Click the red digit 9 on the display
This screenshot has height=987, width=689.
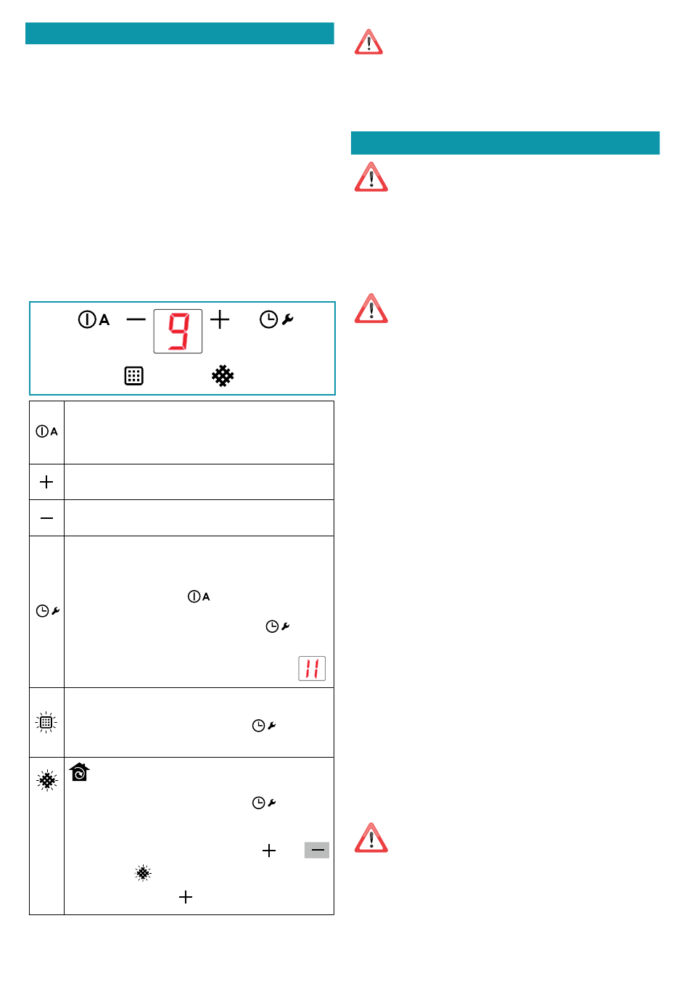[x=178, y=332]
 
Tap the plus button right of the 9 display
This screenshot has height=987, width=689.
[x=220, y=319]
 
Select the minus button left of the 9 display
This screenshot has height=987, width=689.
[x=136, y=319]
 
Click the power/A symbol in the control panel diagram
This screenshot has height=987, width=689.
[x=94, y=319]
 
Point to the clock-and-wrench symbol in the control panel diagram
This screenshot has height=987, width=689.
[x=276, y=319]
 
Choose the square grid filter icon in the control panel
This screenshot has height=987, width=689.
[x=134, y=376]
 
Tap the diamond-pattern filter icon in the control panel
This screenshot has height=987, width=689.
[x=223, y=376]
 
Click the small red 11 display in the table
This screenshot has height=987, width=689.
[x=312, y=668]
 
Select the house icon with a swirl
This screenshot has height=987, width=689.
[x=80, y=772]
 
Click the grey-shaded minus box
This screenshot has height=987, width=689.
[x=317, y=850]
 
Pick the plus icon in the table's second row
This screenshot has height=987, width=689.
[x=46, y=482]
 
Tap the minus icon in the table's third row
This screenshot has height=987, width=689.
[x=46, y=518]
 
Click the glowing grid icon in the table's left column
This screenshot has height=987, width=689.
[x=46, y=722]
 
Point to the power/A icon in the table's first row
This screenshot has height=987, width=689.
[x=46, y=431]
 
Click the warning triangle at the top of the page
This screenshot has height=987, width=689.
[x=368, y=42]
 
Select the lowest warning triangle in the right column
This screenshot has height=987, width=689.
[x=371, y=837]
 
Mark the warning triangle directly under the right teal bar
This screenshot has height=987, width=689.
[x=371, y=177]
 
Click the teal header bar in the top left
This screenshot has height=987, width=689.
[x=180, y=33]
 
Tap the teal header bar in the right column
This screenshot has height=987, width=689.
[x=505, y=143]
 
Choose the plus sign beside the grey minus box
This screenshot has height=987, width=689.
[x=269, y=851]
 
